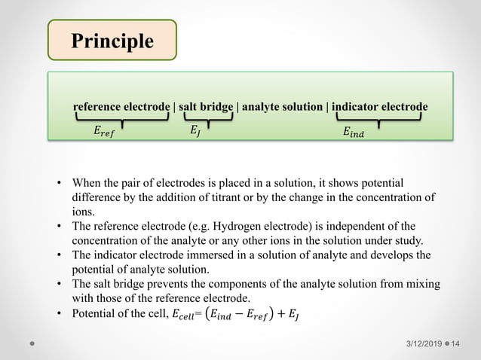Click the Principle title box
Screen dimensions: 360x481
pyautogui.click(x=112, y=41)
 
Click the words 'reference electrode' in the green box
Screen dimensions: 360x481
pyautogui.click(x=121, y=107)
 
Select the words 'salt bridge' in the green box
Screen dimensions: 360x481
pyautogui.click(x=206, y=107)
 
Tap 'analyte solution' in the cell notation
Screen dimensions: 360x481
pyautogui.click(x=282, y=107)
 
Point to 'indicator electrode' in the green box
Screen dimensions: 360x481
pyautogui.click(x=379, y=107)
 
